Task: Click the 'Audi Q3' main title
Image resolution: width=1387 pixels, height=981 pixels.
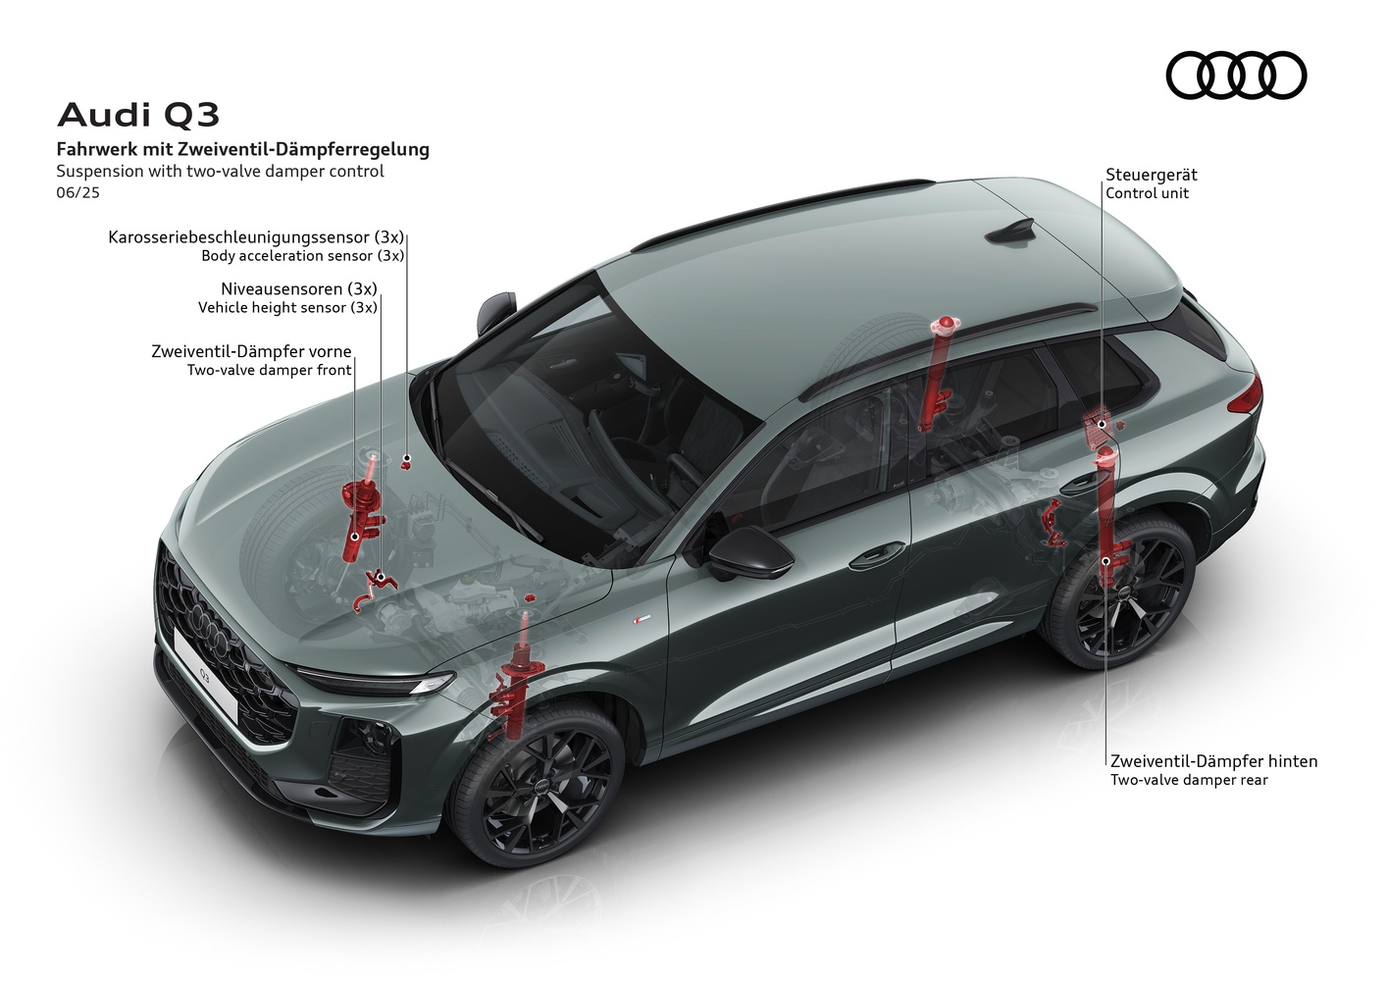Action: tap(138, 115)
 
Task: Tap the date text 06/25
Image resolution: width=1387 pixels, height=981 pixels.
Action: tap(77, 192)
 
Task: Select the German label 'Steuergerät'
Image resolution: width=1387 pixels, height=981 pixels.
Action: tap(1151, 174)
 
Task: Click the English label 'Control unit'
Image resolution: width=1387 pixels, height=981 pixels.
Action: tap(1147, 193)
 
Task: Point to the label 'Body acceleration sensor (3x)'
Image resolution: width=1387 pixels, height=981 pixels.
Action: tap(302, 256)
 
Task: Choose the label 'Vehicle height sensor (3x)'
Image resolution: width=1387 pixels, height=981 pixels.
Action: tap(287, 308)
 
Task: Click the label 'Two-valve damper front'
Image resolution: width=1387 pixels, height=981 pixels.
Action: tap(270, 371)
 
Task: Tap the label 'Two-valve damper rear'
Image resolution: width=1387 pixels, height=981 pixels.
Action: tap(1189, 780)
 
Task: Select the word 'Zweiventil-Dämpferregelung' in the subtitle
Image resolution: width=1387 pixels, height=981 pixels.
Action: tap(303, 149)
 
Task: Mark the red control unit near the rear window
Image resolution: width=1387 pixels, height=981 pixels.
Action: tap(1098, 426)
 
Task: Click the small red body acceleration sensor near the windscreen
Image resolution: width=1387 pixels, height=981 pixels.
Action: tap(406, 461)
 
